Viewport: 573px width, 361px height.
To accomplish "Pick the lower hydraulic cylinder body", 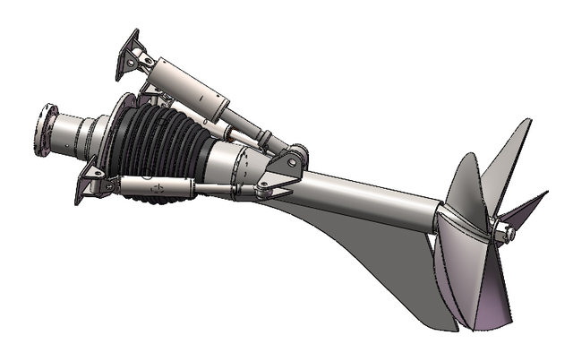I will click(x=157, y=186).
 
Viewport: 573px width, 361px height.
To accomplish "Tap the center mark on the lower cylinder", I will click(x=158, y=187).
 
